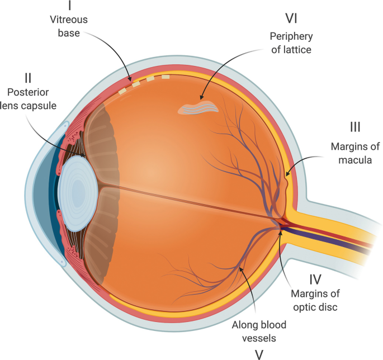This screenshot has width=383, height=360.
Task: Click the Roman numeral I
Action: (x=69, y=7)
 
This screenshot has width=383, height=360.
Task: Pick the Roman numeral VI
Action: (x=290, y=18)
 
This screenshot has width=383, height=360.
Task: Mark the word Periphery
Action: (x=291, y=36)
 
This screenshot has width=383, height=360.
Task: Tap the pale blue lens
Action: (x=78, y=193)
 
